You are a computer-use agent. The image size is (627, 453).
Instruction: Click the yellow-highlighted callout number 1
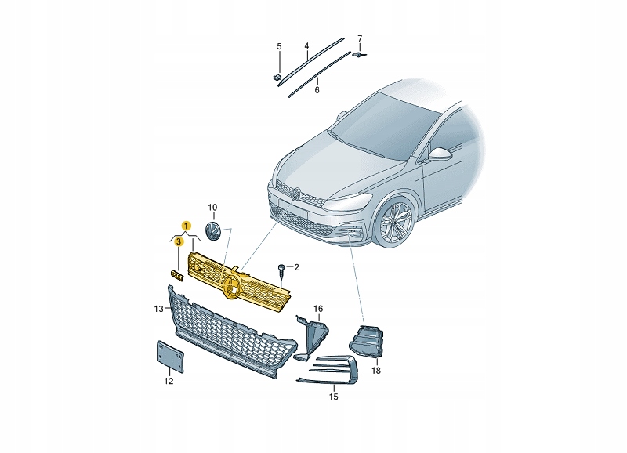click(x=186, y=226)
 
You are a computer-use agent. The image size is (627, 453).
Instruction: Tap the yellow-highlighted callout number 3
click(x=179, y=241)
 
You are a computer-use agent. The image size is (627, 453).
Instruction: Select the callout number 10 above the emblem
click(x=212, y=208)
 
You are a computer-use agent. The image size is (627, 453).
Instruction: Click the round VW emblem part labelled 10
click(x=212, y=231)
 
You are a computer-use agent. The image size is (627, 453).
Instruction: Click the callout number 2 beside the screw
click(x=296, y=267)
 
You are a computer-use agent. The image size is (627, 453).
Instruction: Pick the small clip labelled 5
click(x=276, y=77)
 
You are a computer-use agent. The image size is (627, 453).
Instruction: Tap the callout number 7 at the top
click(x=360, y=38)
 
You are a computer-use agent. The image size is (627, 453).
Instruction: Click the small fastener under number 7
click(x=359, y=54)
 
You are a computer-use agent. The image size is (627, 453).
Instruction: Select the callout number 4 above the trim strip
click(x=306, y=46)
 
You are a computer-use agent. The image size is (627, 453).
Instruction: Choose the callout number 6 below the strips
click(x=317, y=90)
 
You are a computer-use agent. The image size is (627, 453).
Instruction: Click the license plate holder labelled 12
click(x=170, y=357)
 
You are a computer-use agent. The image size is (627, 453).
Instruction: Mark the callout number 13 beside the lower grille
click(x=159, y=309)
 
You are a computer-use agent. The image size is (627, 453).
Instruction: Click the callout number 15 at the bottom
click(x=334, y=397)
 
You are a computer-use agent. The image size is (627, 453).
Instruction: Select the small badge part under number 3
click(x=176, y=274)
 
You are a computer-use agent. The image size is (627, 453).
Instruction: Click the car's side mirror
click(x=439, y=153)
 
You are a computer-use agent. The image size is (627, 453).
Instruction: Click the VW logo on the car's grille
click(x=296, y=194)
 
